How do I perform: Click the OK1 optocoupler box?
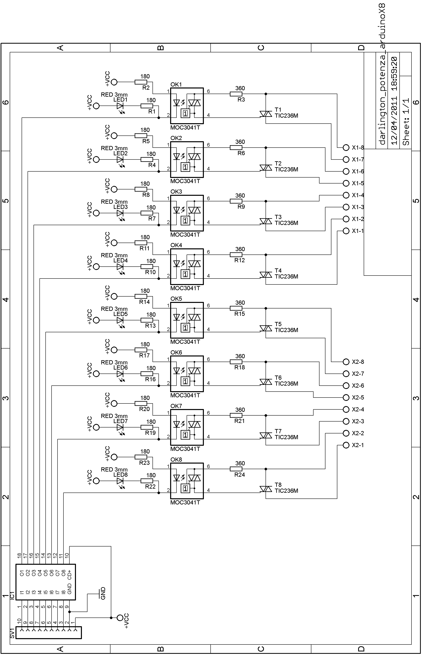point(187,106)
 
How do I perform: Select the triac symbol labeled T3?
point(266,221)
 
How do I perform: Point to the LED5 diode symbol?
point(120,320)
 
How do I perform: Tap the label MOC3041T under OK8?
point(185,502)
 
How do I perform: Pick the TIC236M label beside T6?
point(286,384)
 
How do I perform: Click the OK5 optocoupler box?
point(187,320)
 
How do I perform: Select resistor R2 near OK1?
point(141,82)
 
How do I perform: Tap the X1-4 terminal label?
point(358,195)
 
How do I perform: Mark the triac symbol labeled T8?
point(266,489)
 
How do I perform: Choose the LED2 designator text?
point(121,154)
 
